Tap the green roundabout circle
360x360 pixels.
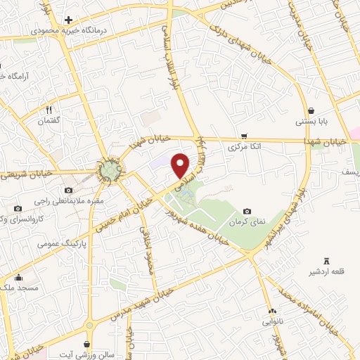click(109, 171)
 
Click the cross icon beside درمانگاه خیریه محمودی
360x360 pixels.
click(67, 20)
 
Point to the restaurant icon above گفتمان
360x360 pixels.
click(49, 110)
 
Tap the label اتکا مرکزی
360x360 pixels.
click(245, 148)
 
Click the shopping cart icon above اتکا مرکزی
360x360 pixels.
click(244, 136)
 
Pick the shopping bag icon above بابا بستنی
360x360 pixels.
click(311, 110)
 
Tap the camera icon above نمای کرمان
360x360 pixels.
click(247, 211)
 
